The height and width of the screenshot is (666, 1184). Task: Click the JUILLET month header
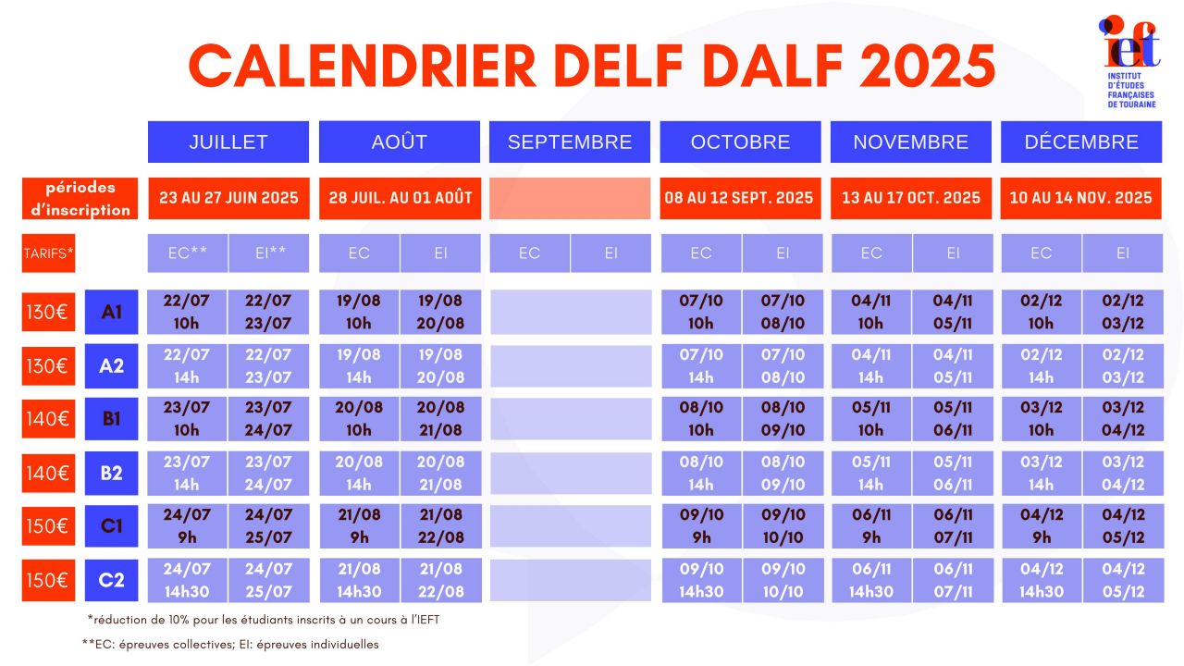(x=228, y=142)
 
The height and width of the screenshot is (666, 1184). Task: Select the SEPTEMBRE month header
(x=570, y=142)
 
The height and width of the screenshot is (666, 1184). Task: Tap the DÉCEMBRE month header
(x=1081, y=142)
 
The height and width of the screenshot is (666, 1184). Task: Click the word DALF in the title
(x=772, y=66)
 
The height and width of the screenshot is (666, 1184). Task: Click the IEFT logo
(x=1130, y=62)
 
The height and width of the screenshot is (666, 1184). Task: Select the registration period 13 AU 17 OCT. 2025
(x=911, y=198)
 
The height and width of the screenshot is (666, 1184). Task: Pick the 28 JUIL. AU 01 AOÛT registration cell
(x=401, y=198)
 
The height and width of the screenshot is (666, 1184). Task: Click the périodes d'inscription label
(x=80, y=198)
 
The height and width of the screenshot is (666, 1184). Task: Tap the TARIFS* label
(x=48, y=253)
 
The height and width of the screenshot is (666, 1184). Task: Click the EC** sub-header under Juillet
(x=188, y=253)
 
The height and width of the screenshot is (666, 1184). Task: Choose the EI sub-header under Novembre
(x=953, y=253)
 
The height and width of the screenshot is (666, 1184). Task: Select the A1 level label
(x=112, y=312)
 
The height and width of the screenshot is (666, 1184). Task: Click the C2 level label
(x=112, y=580)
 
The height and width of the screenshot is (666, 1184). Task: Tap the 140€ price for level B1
(x=48, y=419)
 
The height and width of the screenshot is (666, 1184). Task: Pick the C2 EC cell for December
(x=1042, y=580)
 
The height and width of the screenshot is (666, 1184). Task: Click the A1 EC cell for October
(x=701, y=312)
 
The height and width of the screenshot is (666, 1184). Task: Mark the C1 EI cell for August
(x=441, y=526)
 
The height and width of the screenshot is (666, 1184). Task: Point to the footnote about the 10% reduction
(x=264, y=620)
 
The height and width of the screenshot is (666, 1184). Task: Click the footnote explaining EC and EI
(x=230, y=645)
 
